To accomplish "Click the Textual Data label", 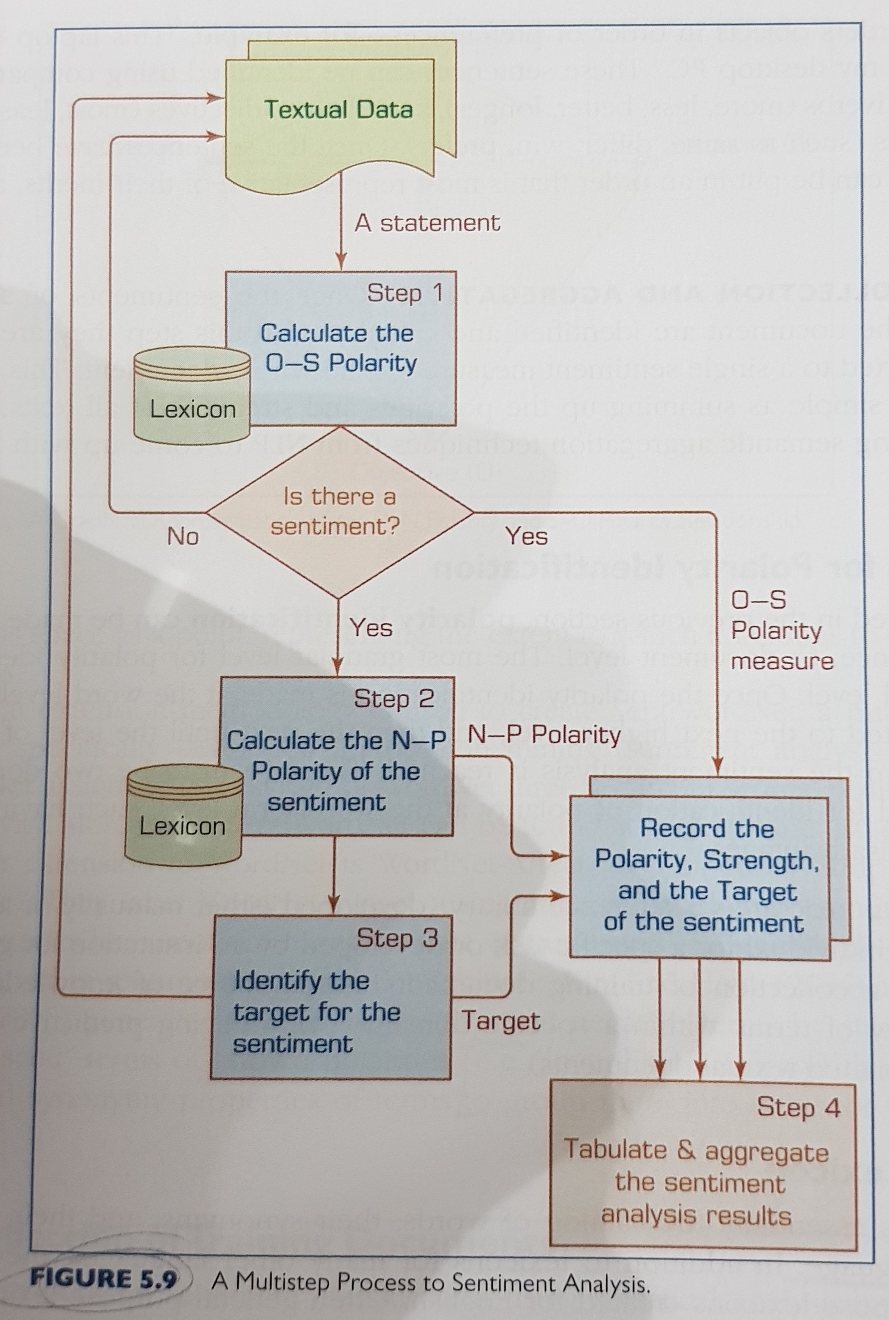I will pyautogui.click(x=339, y=109).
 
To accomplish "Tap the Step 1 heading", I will pyautogui.click(x=404, y=293).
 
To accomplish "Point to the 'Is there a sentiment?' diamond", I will pyautogui.click(x=339, y=511).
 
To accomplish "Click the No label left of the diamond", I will pyautogui.click(x=183, y=536).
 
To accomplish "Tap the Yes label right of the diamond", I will pyautogui.click(x=527, y=536).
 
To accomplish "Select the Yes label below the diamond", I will pyautogui.click(x=371, y=628).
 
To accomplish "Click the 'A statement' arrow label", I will pyautogui.click(x=427, y=223).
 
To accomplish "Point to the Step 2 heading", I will pyautogui.click(x=394, y=699).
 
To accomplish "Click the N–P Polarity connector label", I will pyautogui.click(x=544, y=735).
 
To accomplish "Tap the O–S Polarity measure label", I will pyautogui.click(x=781, y=630).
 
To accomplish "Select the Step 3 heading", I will pyautogui.click(x=397, y=938).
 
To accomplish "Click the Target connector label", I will pyautogui.click(x=500, y=1021).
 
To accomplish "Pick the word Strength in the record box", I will pyautogui.click(x=760, y=861).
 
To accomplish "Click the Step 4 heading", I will pyautogui.click(x=798, y=1107).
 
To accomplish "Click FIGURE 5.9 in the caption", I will pyautogui.click(x=103, y=1280).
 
